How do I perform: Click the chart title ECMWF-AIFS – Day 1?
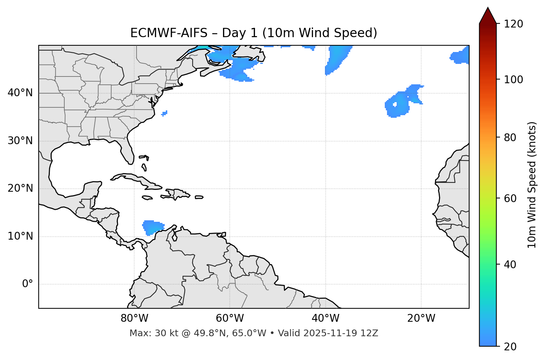pyautogui.click(x=254, y=33)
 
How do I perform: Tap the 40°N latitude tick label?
pyautogui.click(x=20, y=93)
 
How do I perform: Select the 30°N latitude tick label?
pyautogui.click(x=20, y=141)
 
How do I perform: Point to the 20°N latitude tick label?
pyautogui.click(x=20, y=188)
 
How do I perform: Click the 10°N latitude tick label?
pyautogui.click(x=20, y=236)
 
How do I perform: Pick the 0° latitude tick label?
pyautogui.click(x=27, y=284)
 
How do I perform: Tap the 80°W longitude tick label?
pyautogui.click(x=134, y=318)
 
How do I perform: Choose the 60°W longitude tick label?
pyautogui.click(x=230, y=318)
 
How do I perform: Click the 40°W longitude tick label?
pyautogui.click(x=325, y=318)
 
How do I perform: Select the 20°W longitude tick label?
pyautogui.click(x=421, y=318)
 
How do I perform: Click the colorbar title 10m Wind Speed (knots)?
pyautogui.click(x=532, y=185)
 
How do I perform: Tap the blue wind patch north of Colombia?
pyautogui.click(x=152, y=227)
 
